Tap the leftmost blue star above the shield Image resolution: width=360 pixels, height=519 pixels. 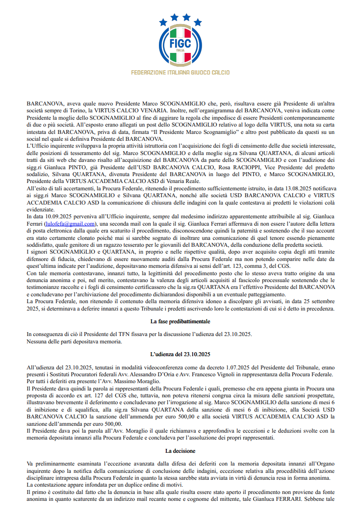pos(163,22)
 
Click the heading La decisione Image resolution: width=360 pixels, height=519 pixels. pos(180,450)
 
